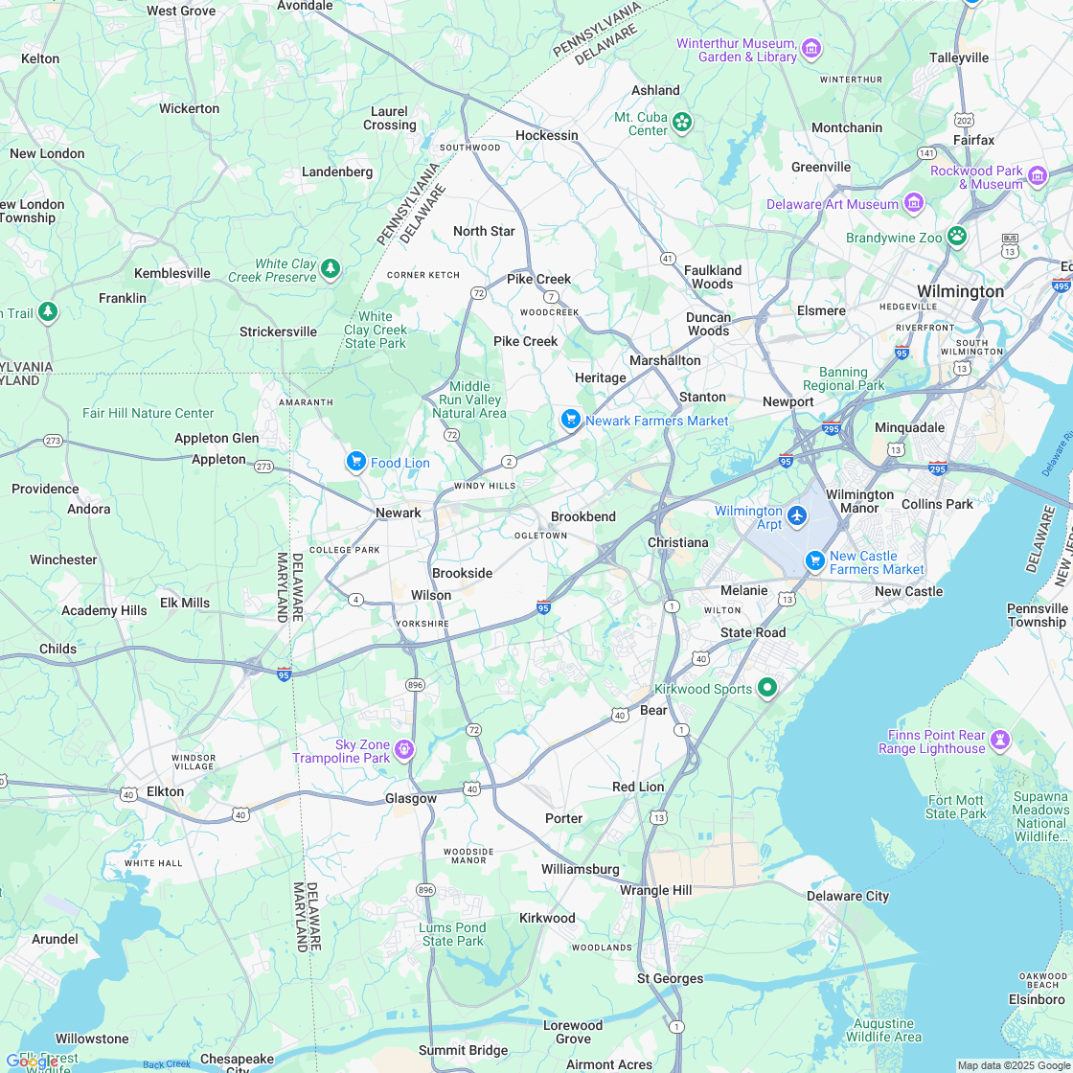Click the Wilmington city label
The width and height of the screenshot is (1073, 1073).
tap(960, 291)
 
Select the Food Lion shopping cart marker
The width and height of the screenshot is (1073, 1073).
tap(356, 463)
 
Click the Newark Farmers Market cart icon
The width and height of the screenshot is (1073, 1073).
tap(571, 420)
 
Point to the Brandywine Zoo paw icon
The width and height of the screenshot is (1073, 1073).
tap(956, 236)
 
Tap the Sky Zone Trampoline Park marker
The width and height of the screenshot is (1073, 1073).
tap(404, 749)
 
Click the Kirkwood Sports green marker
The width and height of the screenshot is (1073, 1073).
tap(766, 687)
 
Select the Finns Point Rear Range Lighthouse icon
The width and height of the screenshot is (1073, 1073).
tap(1000, 740)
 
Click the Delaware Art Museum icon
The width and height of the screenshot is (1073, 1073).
tap(913, 203)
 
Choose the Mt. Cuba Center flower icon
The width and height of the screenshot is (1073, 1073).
tap(682, 122)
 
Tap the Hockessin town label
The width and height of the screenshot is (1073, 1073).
tap(547, 135)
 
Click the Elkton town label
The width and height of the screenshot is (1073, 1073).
tap(165, 791)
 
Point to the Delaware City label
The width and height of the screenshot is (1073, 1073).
tap(847, 896)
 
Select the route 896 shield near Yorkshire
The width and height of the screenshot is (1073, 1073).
tap(415, 685)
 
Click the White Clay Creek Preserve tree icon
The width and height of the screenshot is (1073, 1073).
tap(331, 268)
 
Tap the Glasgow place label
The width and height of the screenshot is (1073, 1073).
tap(411, 798)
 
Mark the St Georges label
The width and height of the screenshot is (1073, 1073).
tap(671, 978)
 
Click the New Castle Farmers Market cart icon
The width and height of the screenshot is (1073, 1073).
tap(815, 559)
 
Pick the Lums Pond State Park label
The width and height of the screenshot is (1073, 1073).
tap(452, 934)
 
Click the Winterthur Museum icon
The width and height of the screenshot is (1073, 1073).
tap(811, 48)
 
